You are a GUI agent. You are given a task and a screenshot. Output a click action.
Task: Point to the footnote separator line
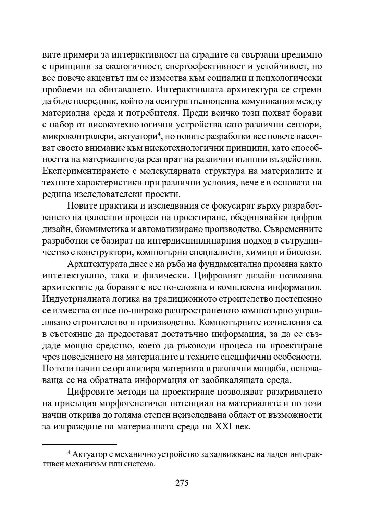(79, 444)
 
